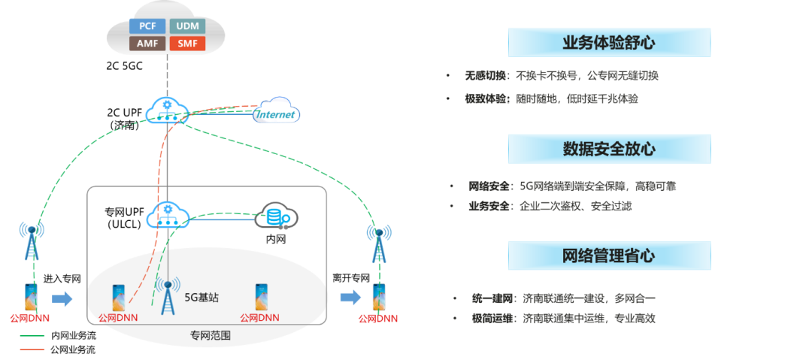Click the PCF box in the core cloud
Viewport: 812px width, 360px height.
pyautogui.click(x=147, y=26)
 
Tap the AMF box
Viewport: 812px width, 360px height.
pyautogui.click(x=147, y=44)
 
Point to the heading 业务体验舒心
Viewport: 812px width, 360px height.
pyautogui.click(x=609, y=42)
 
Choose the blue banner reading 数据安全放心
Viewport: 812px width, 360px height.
pyautogui.click(x=609, y=149)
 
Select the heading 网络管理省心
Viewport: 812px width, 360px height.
pyautogui.click(x=609, y=256)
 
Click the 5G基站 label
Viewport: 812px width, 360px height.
pyautogui.click(x=201, y=298)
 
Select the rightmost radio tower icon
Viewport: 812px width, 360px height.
pyautogui.click(x=379, y=242)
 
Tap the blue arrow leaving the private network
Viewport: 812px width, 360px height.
pyautogui.click(x=350, y=298)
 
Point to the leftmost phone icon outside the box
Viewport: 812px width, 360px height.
pyautogui.click(x=30, y=298)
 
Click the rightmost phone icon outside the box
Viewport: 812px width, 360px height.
pyautogui.click(x=379, y=298)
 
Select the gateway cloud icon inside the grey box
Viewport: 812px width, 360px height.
pyautogui.click(x=167, y=215)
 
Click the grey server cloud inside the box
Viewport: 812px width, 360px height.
pyautogui.click(x=276, y=216)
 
